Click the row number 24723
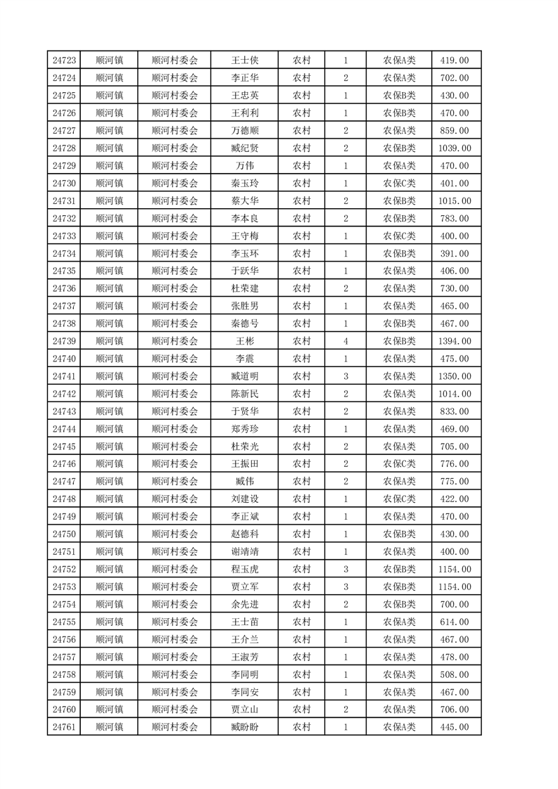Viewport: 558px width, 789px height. point(64,60)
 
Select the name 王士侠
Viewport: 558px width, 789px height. point(245,60)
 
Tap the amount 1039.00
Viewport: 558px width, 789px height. point(454,148)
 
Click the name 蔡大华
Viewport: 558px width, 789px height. point(245,201)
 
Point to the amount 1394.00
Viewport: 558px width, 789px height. point(454,341)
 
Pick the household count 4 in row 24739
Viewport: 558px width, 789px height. point(345,341)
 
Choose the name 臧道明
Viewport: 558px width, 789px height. point(245,376)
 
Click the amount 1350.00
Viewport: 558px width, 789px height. point(454,376)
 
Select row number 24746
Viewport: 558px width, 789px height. point(64,464)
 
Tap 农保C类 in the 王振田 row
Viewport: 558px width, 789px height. point(399,464)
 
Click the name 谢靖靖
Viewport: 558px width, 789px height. point(245,551)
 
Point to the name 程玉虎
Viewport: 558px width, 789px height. point(245,569)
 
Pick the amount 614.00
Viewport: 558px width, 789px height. point(454,622)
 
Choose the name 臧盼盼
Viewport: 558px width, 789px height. point(245,727)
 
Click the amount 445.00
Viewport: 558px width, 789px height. point(454,727)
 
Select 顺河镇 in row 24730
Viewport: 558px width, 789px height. point(109,184)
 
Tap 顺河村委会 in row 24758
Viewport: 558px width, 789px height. point(175,674)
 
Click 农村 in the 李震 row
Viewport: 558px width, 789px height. point(302,359)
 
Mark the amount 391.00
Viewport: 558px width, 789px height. point(454,254)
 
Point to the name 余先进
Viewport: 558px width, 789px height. point(245,604)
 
